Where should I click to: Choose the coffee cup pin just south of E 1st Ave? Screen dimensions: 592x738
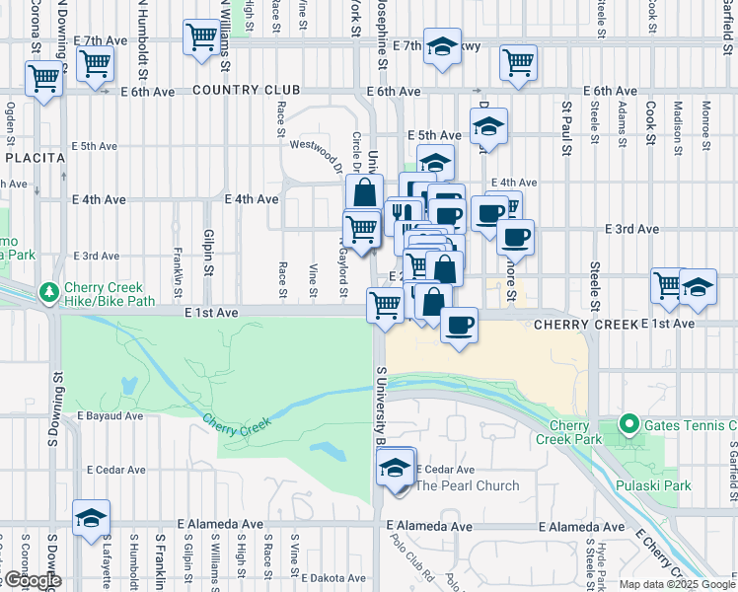click(458, 324)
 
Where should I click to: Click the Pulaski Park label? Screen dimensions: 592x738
click(665, 484)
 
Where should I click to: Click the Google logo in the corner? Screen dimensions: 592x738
click(32, 580)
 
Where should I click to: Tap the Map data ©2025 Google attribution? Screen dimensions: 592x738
click(677, 584)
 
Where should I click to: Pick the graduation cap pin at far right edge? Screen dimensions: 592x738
click(698, 285)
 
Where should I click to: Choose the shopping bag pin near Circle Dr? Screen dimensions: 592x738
click(364, 191)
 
